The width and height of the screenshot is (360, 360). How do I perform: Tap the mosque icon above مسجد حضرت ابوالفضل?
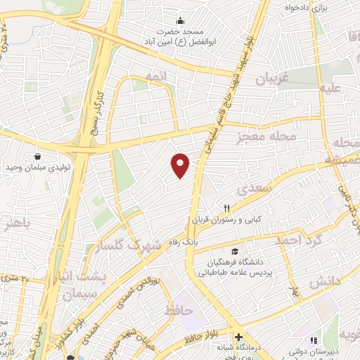(181, 20)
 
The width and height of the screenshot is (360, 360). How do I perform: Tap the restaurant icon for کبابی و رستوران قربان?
(226, 208)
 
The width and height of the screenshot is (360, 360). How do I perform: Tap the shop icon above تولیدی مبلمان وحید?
(37, 156)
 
